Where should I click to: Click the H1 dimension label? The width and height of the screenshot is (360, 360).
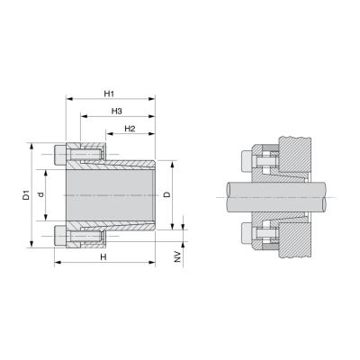pos(109,94)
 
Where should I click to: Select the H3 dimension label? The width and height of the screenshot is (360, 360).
pos(117,112)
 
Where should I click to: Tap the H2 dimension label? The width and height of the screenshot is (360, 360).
pos(130,129)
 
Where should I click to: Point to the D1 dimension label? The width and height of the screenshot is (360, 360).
pos(27,194)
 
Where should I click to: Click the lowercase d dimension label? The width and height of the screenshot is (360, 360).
pos(41,194)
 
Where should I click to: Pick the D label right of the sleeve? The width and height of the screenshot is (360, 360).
pos(167,194)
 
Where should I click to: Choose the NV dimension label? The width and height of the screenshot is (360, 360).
pos(178,256)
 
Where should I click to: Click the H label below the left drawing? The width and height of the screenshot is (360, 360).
pos(103,257)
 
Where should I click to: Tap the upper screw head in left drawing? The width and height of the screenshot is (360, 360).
pos(60,155)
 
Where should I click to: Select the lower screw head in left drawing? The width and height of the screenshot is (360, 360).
pos(60,236)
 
